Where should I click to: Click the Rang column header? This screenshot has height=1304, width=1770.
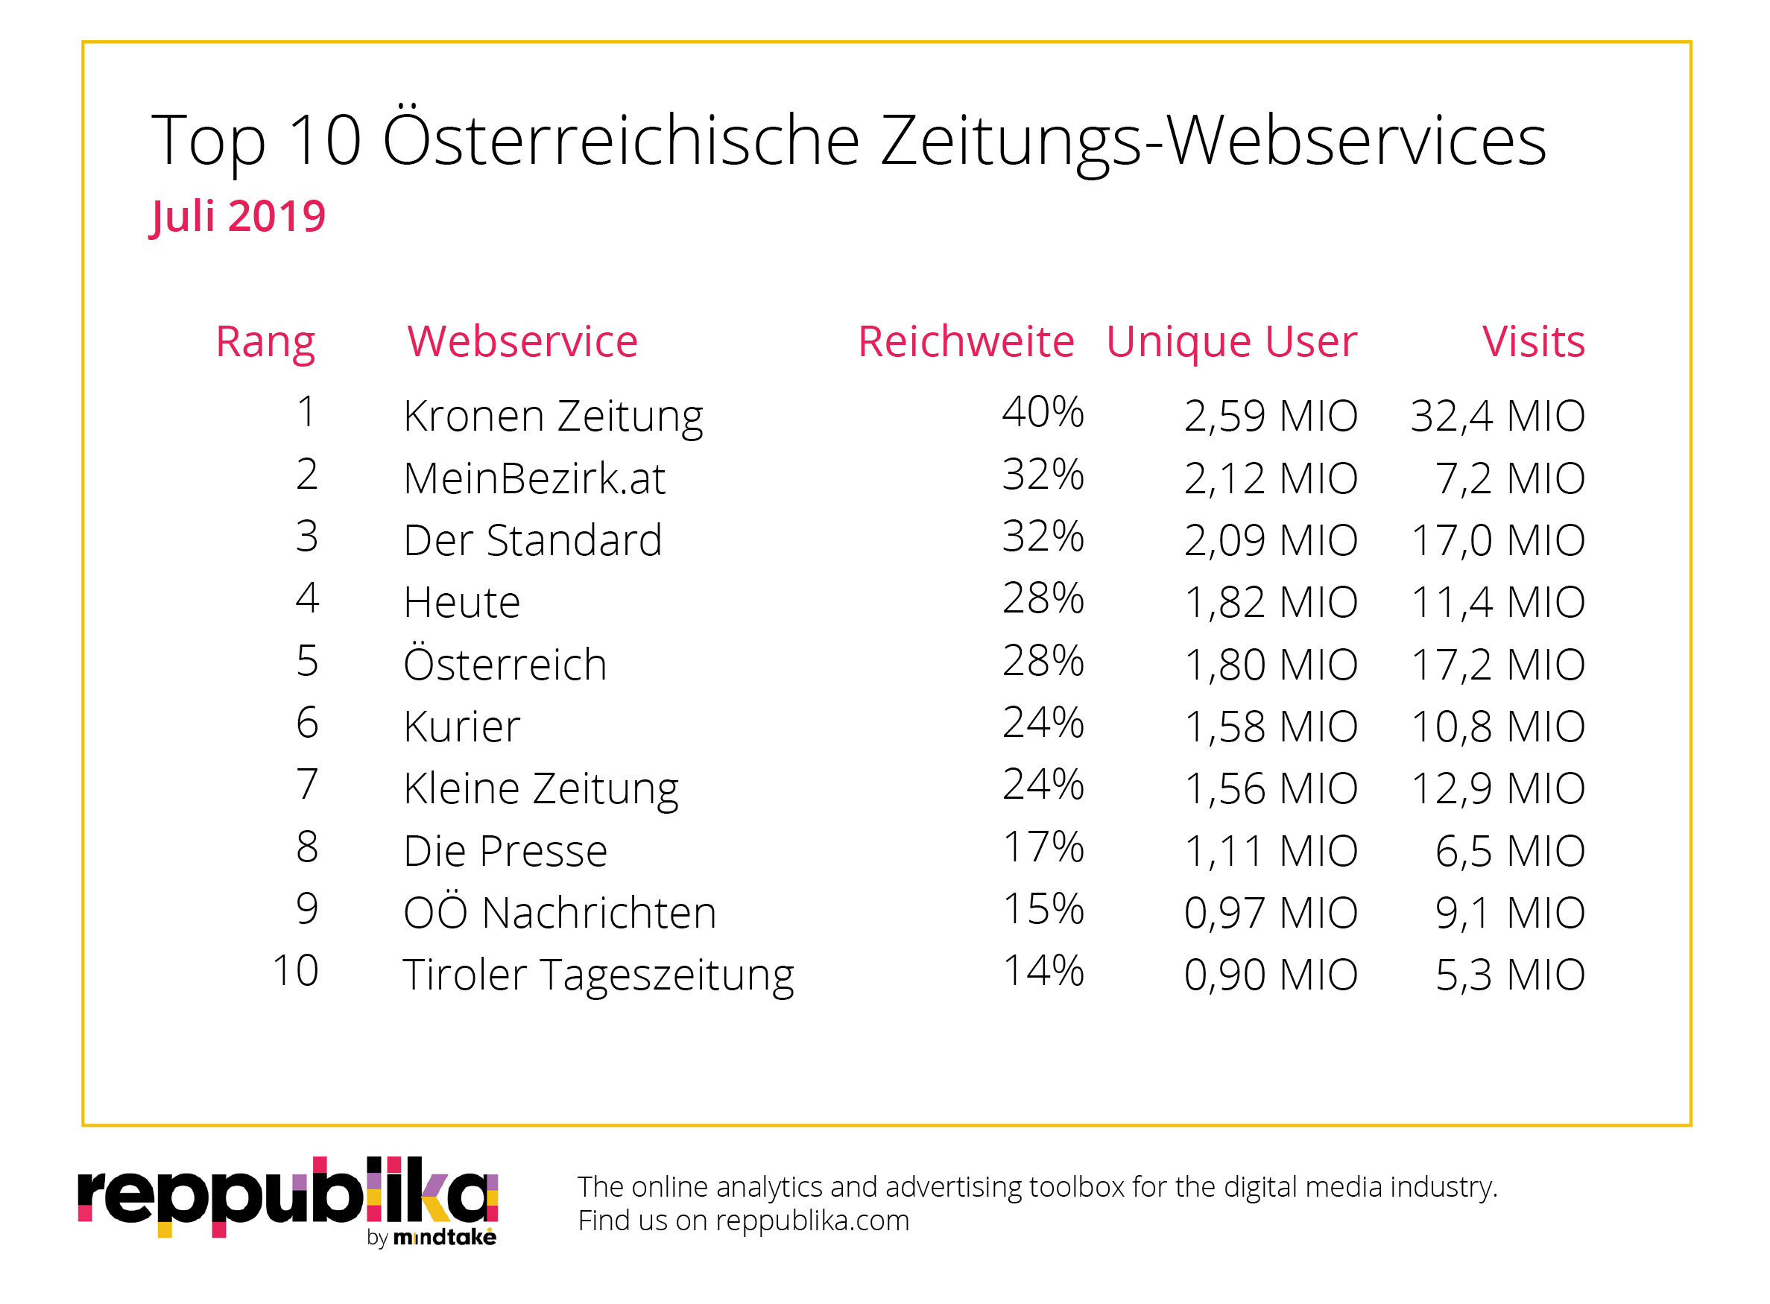265,342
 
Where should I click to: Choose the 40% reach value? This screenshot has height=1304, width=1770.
1042,412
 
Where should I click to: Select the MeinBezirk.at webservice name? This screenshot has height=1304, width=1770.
534,478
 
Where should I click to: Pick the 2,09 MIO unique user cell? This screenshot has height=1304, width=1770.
1269,541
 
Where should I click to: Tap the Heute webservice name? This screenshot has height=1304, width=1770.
461,602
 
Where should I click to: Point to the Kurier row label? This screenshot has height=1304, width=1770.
461,727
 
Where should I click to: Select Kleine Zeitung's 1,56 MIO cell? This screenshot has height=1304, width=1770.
1269,788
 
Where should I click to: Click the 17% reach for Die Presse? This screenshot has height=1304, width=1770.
1042,847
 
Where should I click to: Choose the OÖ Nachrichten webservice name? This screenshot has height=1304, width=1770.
559,913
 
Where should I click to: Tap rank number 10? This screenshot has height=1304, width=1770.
294,971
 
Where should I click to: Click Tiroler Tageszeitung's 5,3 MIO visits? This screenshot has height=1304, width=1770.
1508,975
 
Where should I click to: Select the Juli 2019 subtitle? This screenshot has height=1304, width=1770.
237,216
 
